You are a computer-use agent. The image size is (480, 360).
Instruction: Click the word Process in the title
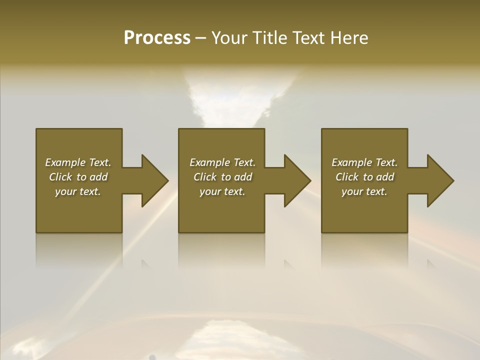[157, 38]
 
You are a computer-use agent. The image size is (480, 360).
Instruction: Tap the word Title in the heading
[269, 38]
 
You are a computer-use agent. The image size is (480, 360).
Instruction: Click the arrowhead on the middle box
[296, 180]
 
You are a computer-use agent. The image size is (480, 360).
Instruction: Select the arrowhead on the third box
[439, 180]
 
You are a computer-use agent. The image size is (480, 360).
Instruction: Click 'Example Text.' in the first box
[78, 162]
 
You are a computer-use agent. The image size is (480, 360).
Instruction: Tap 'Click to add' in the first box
[78, 177]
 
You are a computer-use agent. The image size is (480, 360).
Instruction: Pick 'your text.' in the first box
[78, 191]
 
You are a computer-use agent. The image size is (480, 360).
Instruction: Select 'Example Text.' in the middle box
[222, 162]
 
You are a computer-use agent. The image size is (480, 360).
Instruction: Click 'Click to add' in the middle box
[222, 177]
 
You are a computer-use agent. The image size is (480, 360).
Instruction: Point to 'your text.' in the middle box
[222, 191]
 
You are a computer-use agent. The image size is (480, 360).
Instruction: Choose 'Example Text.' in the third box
[364, 162]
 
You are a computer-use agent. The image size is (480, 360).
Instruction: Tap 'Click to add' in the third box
[364, 177]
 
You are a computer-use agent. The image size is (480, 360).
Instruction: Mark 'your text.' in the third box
[364, 191]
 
